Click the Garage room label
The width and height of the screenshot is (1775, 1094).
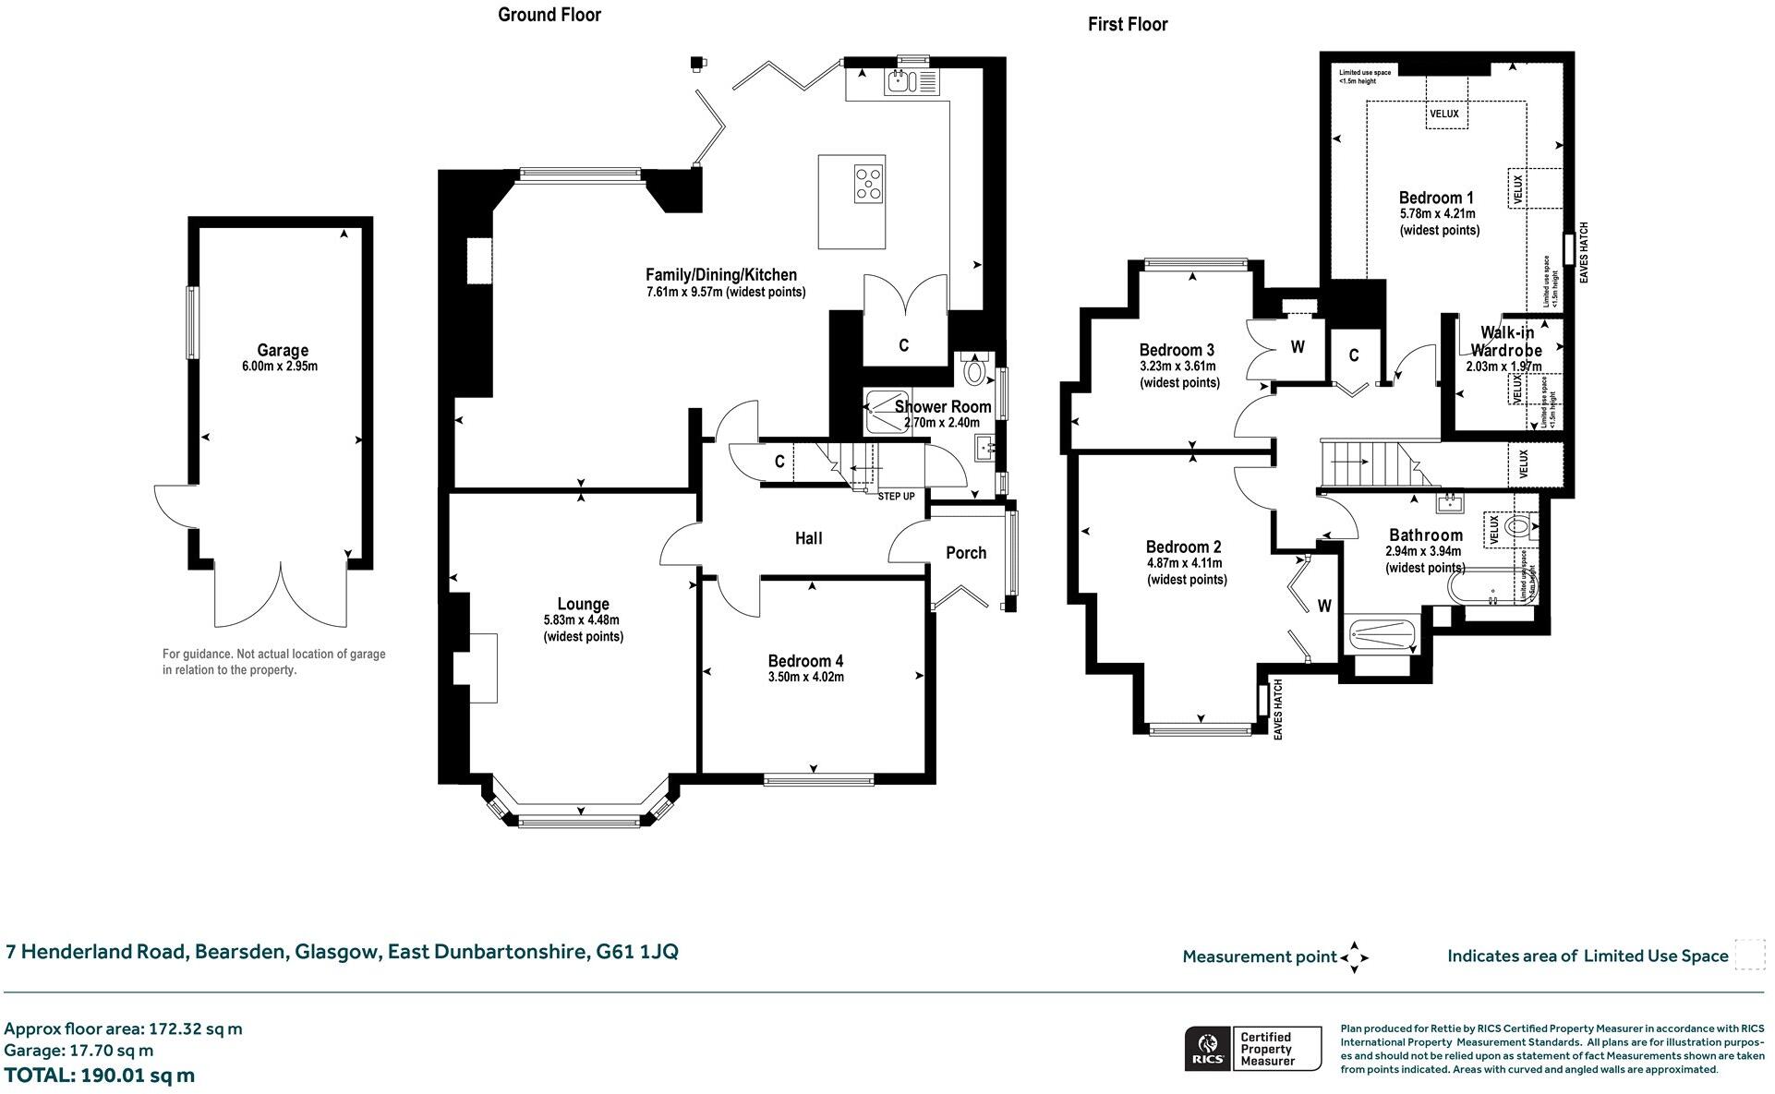click(283, 350)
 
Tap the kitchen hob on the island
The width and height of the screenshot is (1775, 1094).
click(868, 184)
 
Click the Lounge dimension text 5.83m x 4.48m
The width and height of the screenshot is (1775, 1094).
click(582, 620)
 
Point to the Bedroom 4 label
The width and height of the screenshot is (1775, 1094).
click(805, 661)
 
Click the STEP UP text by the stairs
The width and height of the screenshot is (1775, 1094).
click(896, 497)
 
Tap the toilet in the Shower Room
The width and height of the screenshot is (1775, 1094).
click(974, 372)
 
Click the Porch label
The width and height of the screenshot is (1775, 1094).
click(966, 553)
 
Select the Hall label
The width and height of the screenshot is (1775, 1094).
click(808, 538)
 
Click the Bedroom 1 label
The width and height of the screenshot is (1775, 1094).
click(1436, 198)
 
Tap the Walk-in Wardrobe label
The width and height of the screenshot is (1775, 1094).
click(1506, 341)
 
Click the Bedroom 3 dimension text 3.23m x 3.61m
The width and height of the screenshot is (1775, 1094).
click(1177, 367)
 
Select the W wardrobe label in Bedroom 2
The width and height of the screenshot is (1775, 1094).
click(1324, 607)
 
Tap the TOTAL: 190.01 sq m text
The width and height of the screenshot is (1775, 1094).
click(100, 1076)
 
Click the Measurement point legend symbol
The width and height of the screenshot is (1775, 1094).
click(1354, 957)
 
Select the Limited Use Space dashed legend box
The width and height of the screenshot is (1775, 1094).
click(1749, 956)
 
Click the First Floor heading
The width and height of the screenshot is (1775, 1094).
click(1127, 25)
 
